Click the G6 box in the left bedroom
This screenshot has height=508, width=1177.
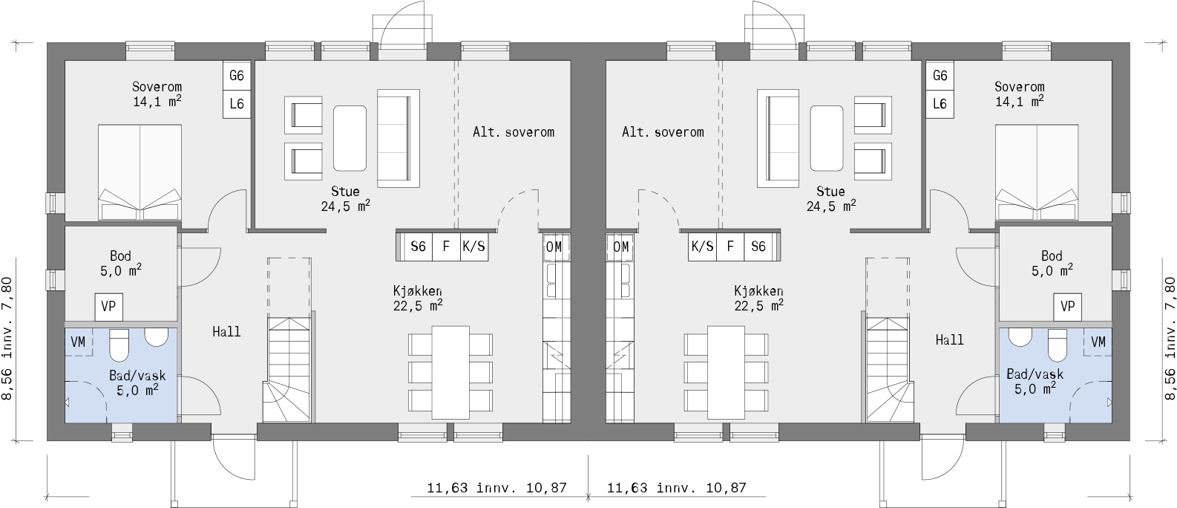pyautogui.click(x=237, y=76)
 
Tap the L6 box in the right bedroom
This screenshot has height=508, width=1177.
pyautogui.click(x=940, y=104)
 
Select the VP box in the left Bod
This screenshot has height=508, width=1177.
pyautogui.click(x=108, y=307)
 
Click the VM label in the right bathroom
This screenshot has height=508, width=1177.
pyautogui.click(x=1098, y=342)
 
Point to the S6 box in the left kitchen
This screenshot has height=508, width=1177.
pyautogui.click(x=418, y=247)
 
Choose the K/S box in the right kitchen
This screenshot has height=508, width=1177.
pyautogui.click(x=702, y=247)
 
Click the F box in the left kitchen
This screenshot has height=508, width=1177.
pyautogui.click(x=446, y=247)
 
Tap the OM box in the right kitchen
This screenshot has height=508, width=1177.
pyautogui.click(x=621, y=247)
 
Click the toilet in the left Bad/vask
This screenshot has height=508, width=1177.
pyautogui.click(x=120, y=343)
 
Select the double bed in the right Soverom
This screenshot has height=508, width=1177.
pyautogui.click(x=1037, y=172)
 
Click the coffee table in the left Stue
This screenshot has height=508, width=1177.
pyautogui.click(x=350, y=138)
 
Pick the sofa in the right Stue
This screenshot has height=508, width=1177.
pyautogui.click(x=778, y=138)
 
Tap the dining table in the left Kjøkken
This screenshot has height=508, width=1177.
pyautogui.click(x=450, y=371)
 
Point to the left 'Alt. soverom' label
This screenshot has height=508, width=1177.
pyautogui.click(x=514, y=132)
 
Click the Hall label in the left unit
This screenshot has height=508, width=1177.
pyautogui.click(x=226, y=332)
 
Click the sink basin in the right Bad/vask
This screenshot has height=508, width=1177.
pyautogui.click(x=1020, y=337)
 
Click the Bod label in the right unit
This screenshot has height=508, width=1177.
pyautogui.click(x=1052, y=256)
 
